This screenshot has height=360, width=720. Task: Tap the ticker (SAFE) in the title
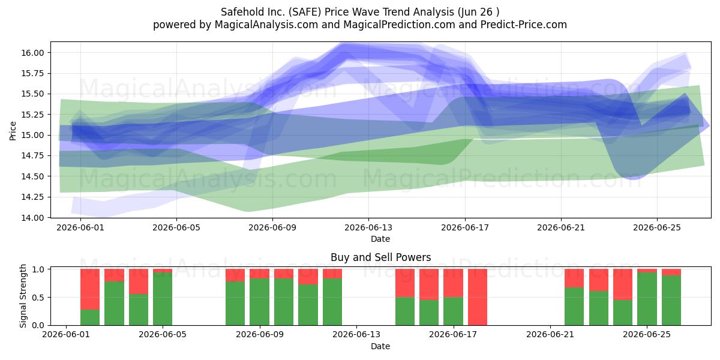click(305, 12)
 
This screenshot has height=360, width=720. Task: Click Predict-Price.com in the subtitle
click(524, 25)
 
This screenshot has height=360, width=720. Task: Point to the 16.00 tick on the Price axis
click(32, 53)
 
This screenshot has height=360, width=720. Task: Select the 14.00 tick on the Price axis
click(32, 218)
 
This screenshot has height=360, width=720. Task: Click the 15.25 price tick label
click(32, 115)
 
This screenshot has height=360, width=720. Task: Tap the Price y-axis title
click(13, 131)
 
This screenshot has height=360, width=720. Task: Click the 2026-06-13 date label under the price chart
click(368, 227)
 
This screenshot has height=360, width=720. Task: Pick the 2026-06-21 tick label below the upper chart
click(561, 227)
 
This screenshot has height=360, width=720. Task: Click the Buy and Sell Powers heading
click(380, 257)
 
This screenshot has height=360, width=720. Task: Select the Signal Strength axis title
click(23, 296)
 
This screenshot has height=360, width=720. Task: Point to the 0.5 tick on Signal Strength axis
click(38, 298)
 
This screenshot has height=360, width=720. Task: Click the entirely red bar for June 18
click(478, 297)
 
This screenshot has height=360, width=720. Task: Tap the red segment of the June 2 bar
click(89, 289)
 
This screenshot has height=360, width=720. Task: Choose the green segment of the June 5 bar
click(163, 299)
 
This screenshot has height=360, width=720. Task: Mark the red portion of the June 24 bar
click(623, 284)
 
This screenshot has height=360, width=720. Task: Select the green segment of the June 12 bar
click(332, 301)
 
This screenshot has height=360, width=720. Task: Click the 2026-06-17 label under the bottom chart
click(453, 335)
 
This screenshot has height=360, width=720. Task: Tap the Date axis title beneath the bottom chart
click(380, 346)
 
